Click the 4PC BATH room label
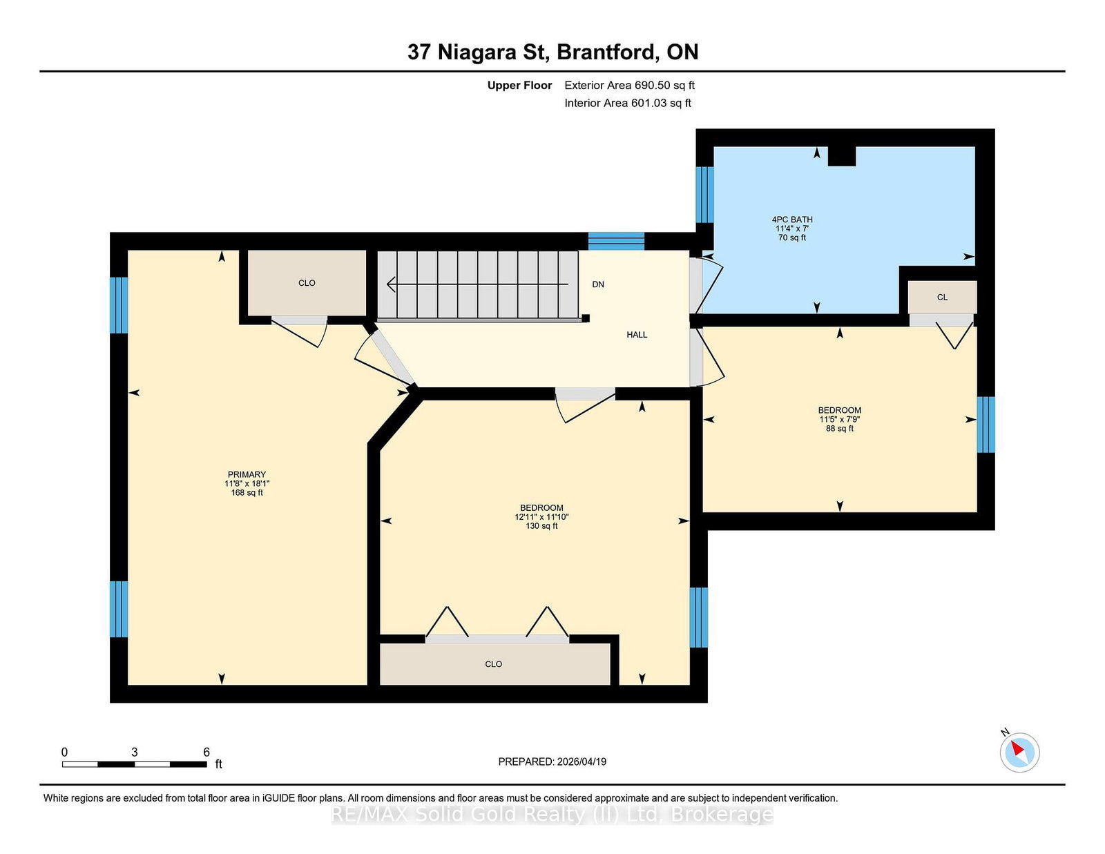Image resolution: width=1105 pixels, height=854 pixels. (x=791, y=220)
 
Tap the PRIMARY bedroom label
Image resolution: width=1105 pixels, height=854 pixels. (x=247, y=474)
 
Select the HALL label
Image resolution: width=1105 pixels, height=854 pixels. (x=637, y=334)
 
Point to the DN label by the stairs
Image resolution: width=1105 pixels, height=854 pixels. (x=598, y=284)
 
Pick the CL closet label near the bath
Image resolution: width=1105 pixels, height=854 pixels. (x=942, y=298)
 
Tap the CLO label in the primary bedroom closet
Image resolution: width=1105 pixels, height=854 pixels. (x=307, y=283)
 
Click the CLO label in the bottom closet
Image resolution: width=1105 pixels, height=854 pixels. (x=493, y=664)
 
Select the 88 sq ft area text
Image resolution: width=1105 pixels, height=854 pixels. (x=840, y=429)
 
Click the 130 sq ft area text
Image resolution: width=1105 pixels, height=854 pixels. (x=541, y=526)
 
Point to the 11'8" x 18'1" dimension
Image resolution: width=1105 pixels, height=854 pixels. (x=247, y=483)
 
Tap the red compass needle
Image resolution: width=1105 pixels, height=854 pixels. (x=1017, y=748)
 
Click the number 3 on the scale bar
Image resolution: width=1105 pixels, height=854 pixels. (x=134, y=752)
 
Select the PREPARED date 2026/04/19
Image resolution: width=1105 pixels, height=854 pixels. (x=582, y=761)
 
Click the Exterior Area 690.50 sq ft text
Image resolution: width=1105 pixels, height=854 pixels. (x=630, y=86)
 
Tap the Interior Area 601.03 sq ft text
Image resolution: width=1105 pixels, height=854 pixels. (x=628, y=103)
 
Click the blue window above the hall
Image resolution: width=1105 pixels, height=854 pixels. (x=616, y=241)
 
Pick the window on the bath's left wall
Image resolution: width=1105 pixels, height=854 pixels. (x=705, y=195)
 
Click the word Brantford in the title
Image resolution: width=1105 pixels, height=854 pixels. (x=606, y=52)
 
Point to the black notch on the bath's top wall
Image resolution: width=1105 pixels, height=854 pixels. (x=842, y=156)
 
